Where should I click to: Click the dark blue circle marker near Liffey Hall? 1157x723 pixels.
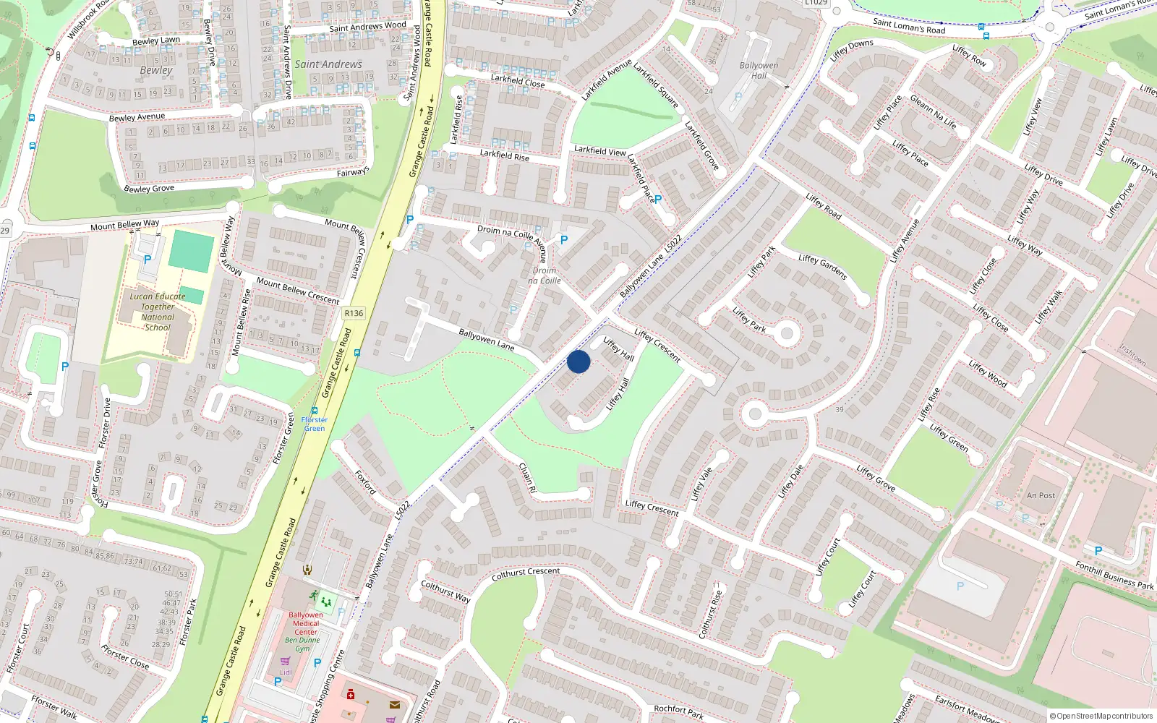click(x=578, y=361)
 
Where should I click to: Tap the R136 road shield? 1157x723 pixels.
click(x=354, y=313)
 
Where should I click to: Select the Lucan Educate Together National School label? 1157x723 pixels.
click(x=158, y=312)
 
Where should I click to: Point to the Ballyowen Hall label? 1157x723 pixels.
click(x=759, y=70)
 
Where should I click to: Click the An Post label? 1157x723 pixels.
click(x=1041, y=495)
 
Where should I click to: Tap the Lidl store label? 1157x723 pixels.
click(x=286, y=672)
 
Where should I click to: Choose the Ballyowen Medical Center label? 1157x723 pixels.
click(x=306, y=623)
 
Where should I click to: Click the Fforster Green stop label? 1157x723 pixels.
click(x=315, y=424)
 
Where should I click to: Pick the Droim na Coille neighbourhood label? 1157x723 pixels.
click(x=545, y=275)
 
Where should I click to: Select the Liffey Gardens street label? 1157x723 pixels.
click(x=823, y=267)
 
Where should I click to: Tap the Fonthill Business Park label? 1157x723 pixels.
click(x=1114, y=576)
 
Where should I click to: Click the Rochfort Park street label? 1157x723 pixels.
click(x=678, y=712)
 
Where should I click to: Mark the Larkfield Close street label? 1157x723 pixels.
click(x=518, y=80)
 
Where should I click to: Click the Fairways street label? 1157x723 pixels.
click(x=353, y=172)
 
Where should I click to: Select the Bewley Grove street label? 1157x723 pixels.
click(x=149, y=189)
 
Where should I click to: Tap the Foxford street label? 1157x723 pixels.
click(x=365, y=482)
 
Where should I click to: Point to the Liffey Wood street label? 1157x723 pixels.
click(x=988, y=374)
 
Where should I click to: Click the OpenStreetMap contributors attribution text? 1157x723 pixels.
click(x=1101, y=716)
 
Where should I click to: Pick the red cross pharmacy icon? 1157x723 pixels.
click(x=351, y=695)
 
